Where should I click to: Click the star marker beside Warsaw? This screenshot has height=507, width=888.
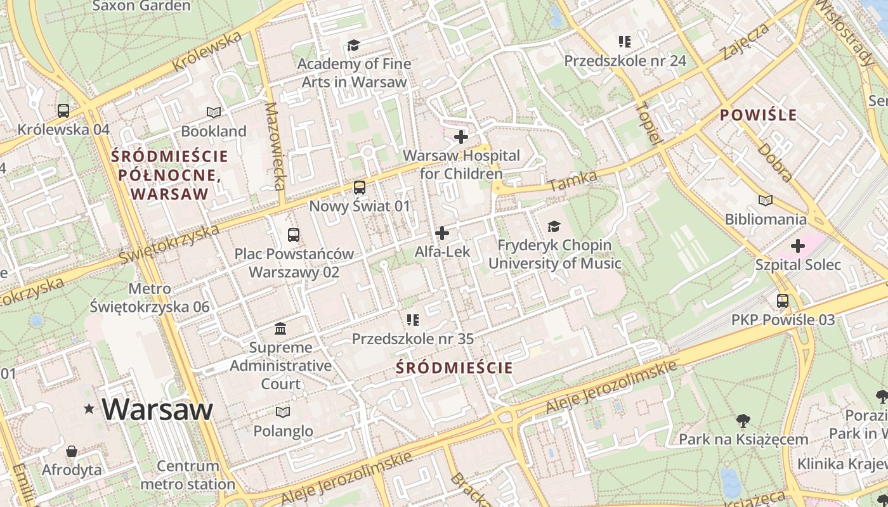pyautogui.click(x=89, y=409)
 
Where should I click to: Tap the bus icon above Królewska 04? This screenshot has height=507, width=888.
pyautogui.click(x=63, y=110)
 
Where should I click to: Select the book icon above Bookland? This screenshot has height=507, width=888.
pyautogui.click(x=214, y=112)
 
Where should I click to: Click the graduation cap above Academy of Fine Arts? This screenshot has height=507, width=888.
pyautogui.click(x=353, y=45)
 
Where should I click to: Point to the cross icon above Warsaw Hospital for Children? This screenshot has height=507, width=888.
pyautogui.click(x=461, y=136)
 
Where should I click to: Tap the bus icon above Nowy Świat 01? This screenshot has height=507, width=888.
pyautogui.click(x=360, y=188)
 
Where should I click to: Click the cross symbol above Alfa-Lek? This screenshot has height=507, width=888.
pyautogui.click(x=442, y=233)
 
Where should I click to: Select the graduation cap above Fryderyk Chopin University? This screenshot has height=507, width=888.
pyautogui.click(x=554, y=226)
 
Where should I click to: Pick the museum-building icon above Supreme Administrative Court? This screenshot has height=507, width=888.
pyautogui.click(x=280, y=328)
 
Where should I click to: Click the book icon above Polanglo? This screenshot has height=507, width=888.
pyautogui.click(x=283, y=412)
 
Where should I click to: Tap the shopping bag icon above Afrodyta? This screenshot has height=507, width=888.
pyautogui.click(x=72, y=451)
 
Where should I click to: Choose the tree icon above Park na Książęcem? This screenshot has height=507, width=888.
pyautogui.click(x=743, y=420)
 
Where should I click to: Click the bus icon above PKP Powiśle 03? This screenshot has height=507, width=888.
pyautogui.click(x=783, y=301)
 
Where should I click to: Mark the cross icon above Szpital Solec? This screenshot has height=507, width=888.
pyautogui.click(x=798, y=246)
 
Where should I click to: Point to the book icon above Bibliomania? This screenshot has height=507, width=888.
pyautogui.click(x=766, y=200)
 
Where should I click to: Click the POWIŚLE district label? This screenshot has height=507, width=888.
pyautogui.click(x=759, y=115)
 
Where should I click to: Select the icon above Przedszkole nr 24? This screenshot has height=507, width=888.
pyautogui.click(x=625, y=42)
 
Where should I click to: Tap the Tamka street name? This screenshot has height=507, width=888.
pyautogui.click(x=573, y=181)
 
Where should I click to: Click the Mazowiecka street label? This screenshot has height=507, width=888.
pyautogui.click(x=275, y=146)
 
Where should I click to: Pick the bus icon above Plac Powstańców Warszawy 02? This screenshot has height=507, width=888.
pyautogui.click(x=294, y=235)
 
